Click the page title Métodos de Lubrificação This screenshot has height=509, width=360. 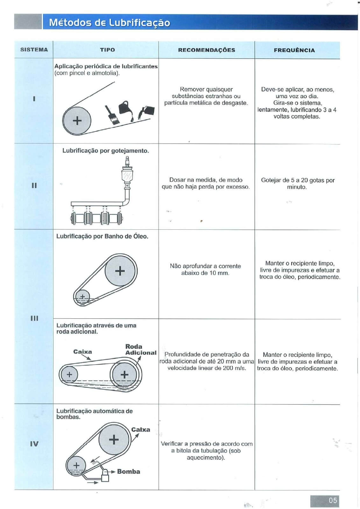(x=109, y=23)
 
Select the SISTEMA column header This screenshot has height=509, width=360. (x=34, y=50)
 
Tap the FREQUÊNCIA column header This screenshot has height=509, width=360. (x=294, y=50)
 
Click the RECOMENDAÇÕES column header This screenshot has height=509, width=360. (x=207, y=50)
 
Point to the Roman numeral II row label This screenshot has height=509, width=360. (x=34, y=185)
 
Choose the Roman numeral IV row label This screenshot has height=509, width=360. (x=34, y=444)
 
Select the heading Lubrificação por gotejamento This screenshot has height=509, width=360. (x=105, y=151)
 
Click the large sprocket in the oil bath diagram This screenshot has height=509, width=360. (x=120, y=271)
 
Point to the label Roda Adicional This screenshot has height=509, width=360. (x=140, y=350)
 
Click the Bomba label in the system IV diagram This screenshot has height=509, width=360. (x=129, y=471)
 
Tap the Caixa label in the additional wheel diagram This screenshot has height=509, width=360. (x=82, y=352)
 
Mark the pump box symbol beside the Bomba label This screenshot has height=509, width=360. (x=105, y=476)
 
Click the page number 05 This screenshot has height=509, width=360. (x=333, y=500)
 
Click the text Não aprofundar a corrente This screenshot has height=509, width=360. (x=205, y=266)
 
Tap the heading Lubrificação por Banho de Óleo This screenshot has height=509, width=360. (x=102, y=236)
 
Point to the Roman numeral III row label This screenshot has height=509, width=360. (x=34, y=318)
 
